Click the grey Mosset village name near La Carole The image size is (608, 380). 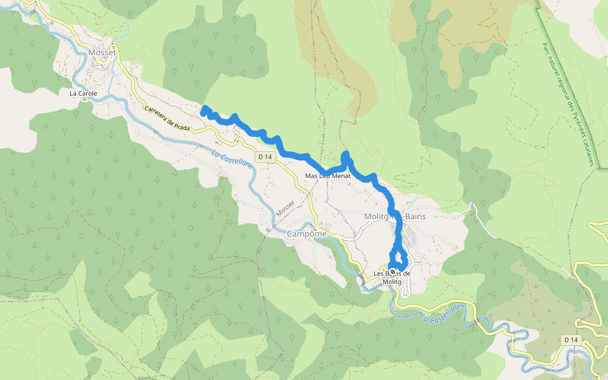pyautogui.click(x=102, y=53)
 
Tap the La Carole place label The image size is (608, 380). pyautogui.click(x=83, y=93)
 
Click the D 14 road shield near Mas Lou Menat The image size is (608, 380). pyautogui.click(x=265, y=156)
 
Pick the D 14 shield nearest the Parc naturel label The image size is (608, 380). pyautogui.click(x=571, y=340)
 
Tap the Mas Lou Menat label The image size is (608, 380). pyautogui.click(x=327, y=175)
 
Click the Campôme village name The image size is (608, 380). pyautogui.click(x=307, y=234)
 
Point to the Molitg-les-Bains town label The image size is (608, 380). pyautogui.click(x=395, y=216)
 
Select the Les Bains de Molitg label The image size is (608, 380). pyautogui.click(x=393, y=277)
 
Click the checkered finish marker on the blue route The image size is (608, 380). pyautogui.click(x=393, y=271)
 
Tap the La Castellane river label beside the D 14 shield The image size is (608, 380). pyautogui.click(x=233, y=155)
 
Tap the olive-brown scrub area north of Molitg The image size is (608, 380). pyautogui.click(x=336, y=57)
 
